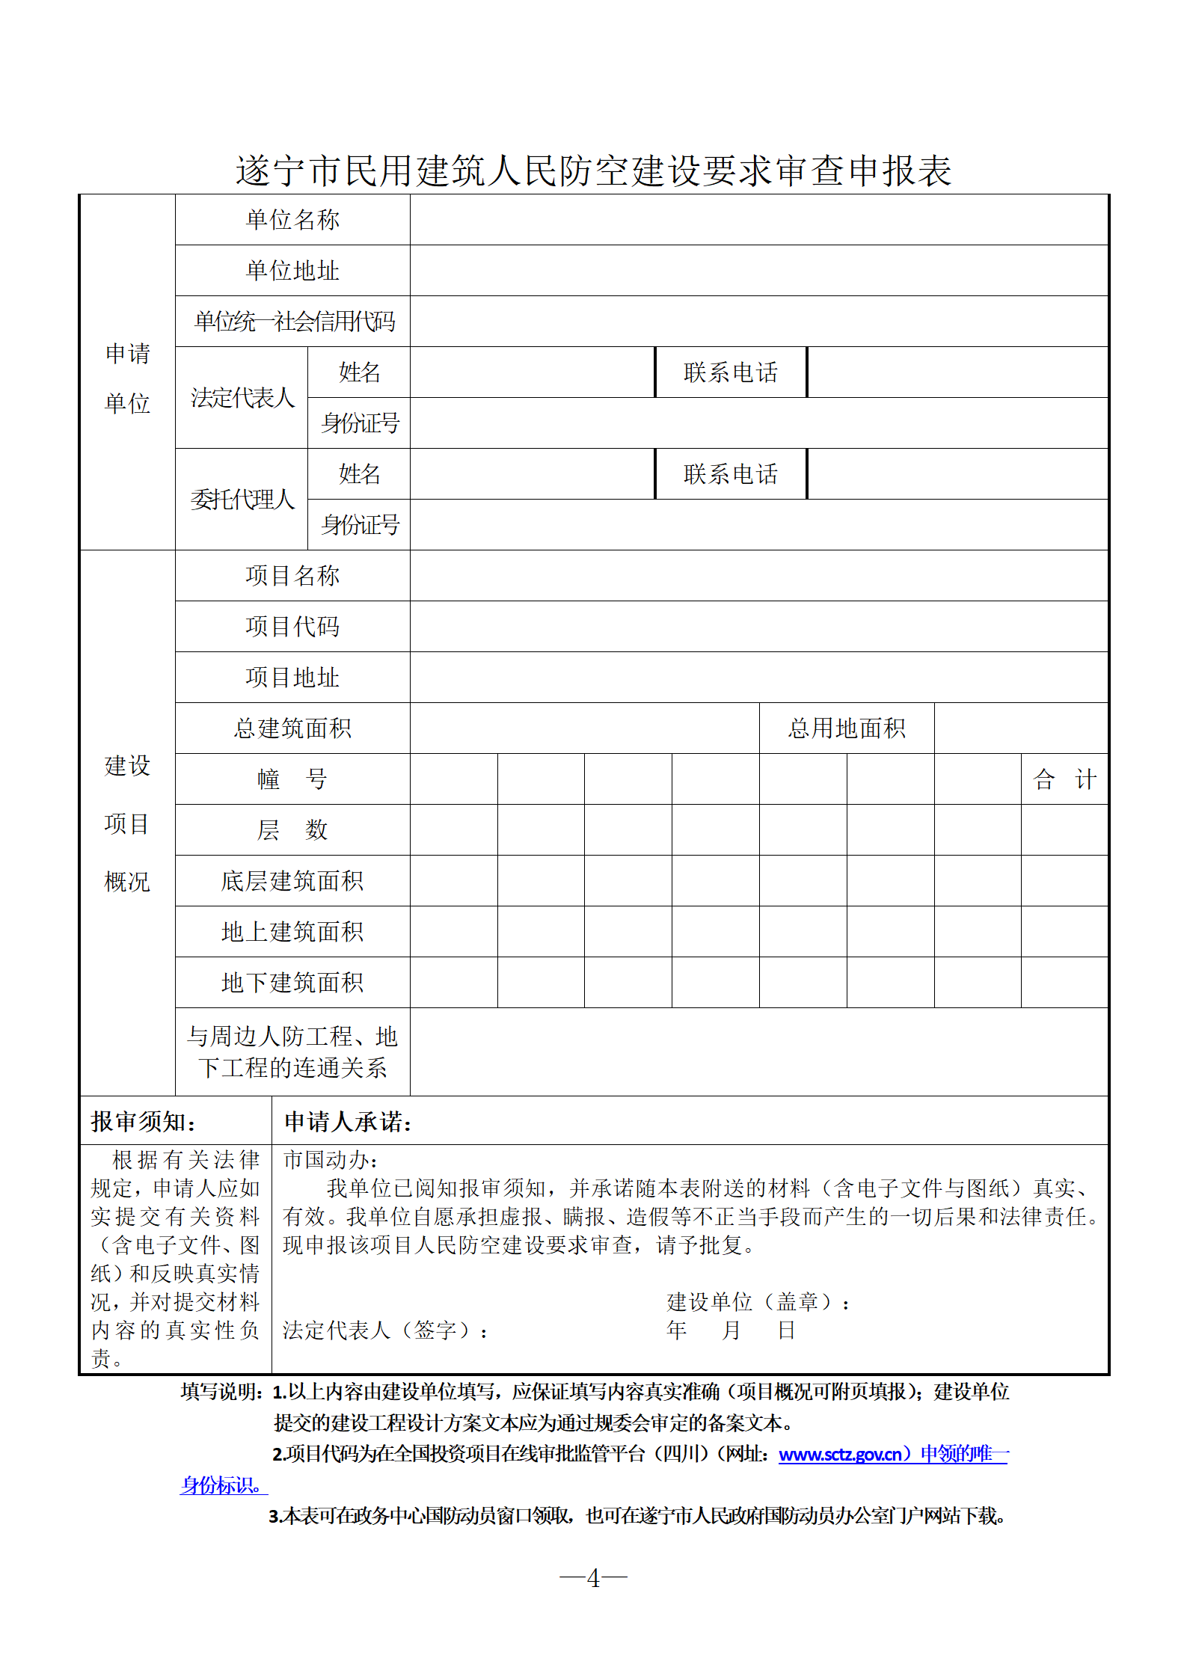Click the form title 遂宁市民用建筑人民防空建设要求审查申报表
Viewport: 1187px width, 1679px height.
click(x=593, y=171)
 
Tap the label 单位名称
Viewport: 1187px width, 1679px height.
click(x=292, y=220)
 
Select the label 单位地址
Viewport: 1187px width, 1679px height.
click(x=292, y=271)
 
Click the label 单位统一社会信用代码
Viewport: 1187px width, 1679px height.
click(x=294, y=322)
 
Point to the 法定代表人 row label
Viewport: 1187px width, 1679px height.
click(x=242, y=398)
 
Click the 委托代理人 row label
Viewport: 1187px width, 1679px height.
click(x=242, y=500)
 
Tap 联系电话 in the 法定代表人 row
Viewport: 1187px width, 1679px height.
click(x=730, y=372)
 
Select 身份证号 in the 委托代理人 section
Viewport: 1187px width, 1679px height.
click(x=360, y=525)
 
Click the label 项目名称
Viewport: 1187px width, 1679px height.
click(x=292, y=576)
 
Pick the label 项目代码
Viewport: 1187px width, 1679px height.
click(x=292, y=627)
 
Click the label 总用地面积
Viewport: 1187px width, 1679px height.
click(x=846, y=728)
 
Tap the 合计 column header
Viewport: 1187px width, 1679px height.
click(x=1064, y=779)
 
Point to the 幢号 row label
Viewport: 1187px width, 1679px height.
click(x=292, y=779)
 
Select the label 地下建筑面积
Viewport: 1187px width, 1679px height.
click(x=292, y=983)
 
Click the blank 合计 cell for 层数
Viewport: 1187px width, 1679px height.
click(x=1064, y=830)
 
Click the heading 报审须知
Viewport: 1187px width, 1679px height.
click(x=144, y=1122)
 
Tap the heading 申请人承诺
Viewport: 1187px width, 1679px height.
click(x=348, y=1122)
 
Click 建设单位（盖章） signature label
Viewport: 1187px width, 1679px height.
click(x=758, y=1303)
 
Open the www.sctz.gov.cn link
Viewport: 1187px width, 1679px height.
click(x=839, y=1455)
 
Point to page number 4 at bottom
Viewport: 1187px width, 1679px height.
click(x=593, y=1579)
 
